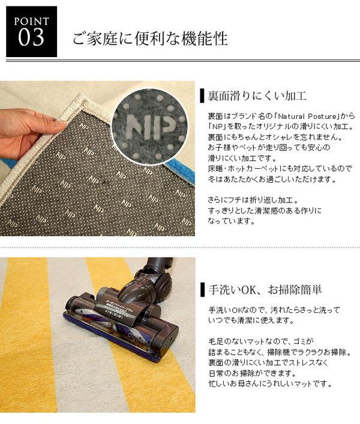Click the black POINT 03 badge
32,31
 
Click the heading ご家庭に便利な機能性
150,38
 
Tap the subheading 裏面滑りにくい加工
257,96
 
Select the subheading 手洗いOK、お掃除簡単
265,289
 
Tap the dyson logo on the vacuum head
139,338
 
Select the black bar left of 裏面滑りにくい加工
202,95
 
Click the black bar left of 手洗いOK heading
202,289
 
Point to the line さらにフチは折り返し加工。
253,200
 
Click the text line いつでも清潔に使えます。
251,321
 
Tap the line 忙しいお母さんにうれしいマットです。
270,383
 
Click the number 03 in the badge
31,37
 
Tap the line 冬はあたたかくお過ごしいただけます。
272,180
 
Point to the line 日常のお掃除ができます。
252,373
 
